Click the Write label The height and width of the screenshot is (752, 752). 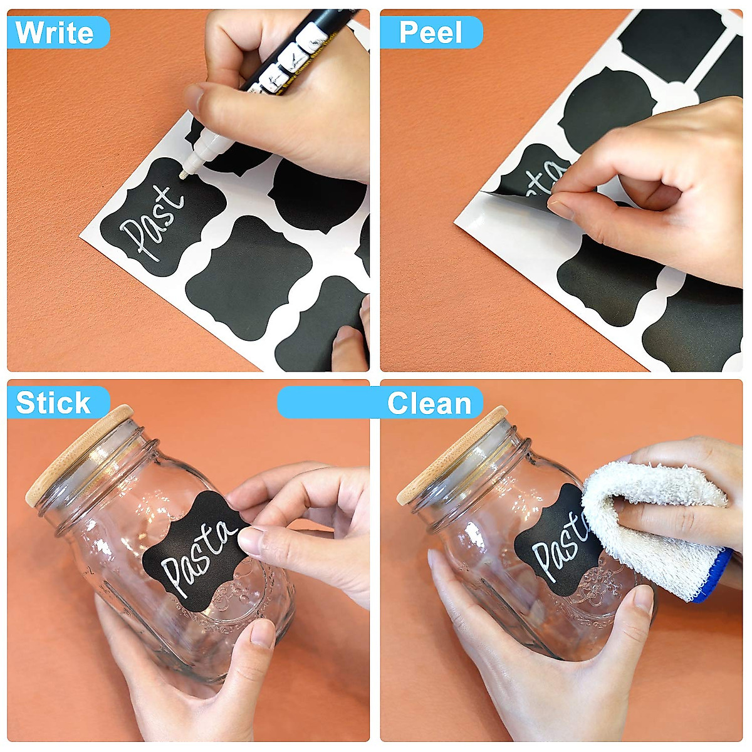[55, 33]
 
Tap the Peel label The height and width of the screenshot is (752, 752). [431, 33]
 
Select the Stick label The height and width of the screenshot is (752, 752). [54, 402]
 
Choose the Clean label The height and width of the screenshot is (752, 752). [429, 403]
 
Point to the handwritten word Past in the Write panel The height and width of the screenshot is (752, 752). [154, 222]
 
